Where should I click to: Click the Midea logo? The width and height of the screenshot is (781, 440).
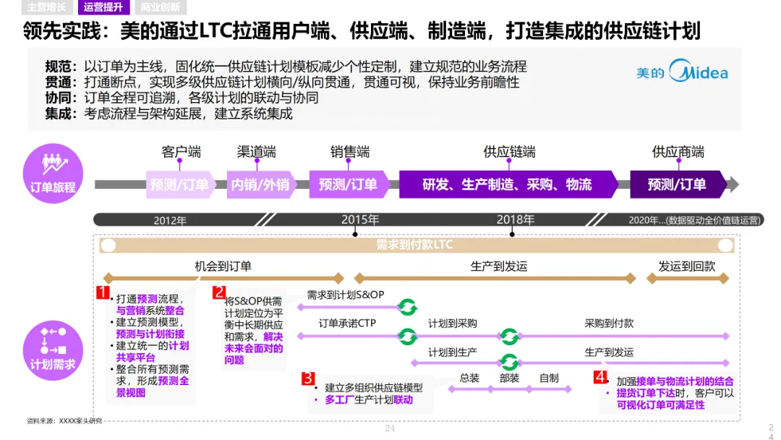(682, 72)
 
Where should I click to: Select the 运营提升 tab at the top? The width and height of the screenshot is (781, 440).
(103, 8)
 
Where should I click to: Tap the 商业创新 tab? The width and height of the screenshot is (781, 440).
(161, 8)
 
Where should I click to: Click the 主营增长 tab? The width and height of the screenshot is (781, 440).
(46, 8)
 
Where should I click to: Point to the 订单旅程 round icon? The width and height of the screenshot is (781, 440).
(53, 171)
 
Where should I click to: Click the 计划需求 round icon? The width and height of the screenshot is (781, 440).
(53, 349)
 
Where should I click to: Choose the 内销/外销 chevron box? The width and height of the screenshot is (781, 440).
(260, 185)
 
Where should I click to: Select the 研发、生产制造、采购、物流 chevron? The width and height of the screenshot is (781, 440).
(507, 185)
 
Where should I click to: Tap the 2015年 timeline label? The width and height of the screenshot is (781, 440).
(360, 219)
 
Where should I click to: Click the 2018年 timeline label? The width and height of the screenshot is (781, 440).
(515, 219)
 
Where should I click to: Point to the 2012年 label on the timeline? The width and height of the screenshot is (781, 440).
(170, 221)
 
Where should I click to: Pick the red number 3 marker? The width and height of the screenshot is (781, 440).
(308, 378)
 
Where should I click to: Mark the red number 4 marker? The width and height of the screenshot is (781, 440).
(600, 377)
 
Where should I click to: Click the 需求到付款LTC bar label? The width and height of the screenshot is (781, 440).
(414, 245)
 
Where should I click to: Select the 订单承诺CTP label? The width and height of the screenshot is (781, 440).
(347, 323)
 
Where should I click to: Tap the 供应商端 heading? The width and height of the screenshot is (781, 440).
(678, 152)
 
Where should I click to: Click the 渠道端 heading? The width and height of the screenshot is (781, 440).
(256, 152)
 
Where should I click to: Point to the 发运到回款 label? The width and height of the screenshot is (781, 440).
(686, 266)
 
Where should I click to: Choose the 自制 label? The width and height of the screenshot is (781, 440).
(549, 378)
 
